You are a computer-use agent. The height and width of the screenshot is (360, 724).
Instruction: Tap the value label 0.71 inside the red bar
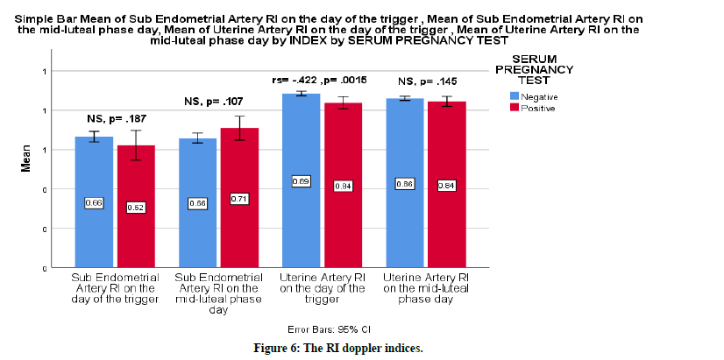point(238,199)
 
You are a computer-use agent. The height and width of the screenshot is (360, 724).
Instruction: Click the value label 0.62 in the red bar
point(136,207)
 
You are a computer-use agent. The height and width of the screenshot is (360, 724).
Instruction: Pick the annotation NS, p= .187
point(116,118)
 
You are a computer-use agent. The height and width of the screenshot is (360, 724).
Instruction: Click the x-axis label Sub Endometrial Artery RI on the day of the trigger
point(114,288)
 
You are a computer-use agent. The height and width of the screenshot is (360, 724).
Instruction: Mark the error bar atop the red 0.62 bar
point(136,145)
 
